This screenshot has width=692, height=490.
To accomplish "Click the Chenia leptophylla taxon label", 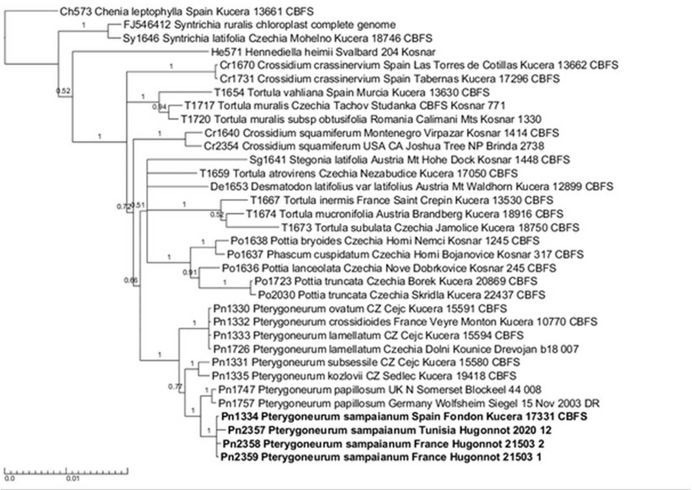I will [x=186, y=12].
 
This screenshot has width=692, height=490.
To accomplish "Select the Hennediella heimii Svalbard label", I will [x=323, y=52].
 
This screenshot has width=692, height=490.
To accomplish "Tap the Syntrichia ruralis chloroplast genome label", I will [x=259, y=25].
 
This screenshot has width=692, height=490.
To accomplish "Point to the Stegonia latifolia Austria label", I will [x=409, y=160].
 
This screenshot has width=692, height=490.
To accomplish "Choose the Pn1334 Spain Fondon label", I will [x=404, y=417].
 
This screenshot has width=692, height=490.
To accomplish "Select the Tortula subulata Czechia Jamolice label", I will [x=430, y=228].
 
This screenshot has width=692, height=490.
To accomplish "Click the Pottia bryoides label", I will [x=385, y=241].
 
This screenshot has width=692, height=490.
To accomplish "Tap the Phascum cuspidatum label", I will [x=405, y=255].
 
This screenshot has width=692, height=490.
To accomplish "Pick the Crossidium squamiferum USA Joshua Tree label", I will [x=374, y=146].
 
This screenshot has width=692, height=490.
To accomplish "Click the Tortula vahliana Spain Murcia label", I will [x=352, y=92].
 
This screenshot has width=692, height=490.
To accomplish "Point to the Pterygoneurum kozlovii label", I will [x=364, y=376].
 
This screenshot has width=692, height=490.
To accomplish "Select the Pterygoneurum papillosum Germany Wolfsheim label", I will [x=409, y=404].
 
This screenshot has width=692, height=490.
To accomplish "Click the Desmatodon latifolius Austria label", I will [x=411, y=187].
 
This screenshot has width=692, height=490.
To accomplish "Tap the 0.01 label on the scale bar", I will [x=73, y=478].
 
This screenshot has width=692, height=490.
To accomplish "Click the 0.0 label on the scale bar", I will [x=10, y=478].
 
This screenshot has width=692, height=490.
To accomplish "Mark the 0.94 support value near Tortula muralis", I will [x=159, y=107].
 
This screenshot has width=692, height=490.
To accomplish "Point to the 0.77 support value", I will [x=175, y=386].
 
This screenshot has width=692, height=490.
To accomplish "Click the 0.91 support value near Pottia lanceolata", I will [x=189, y=272].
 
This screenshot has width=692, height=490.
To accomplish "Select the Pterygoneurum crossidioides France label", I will [x=405, y=322].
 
